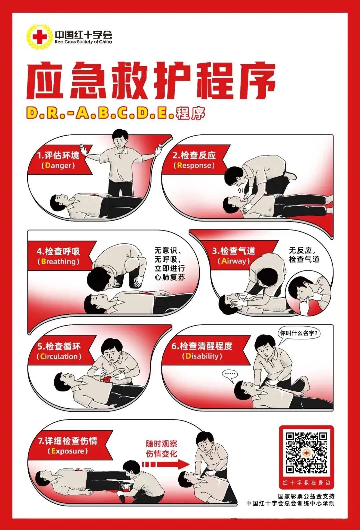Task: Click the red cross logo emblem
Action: tap(39, 37)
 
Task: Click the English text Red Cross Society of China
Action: tap(83, 42)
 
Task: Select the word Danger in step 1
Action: tap(58, 166)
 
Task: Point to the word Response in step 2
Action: tap(194, 166)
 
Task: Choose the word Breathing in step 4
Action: tap(58, 262)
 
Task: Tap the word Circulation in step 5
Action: tap(59, 356)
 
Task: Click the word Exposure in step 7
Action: tap(68, 451)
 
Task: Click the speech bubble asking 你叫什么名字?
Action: tap(299, 333)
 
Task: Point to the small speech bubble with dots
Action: tap(230, 374)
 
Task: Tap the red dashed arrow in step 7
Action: tap(165, 464)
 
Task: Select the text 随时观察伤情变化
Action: tap(161, 449)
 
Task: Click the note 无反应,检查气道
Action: tap(304, 255)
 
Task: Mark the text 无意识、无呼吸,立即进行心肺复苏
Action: tap(169, 264)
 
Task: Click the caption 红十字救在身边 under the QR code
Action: tap(306, 483)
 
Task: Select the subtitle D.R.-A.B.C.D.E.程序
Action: tap(115, 114)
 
